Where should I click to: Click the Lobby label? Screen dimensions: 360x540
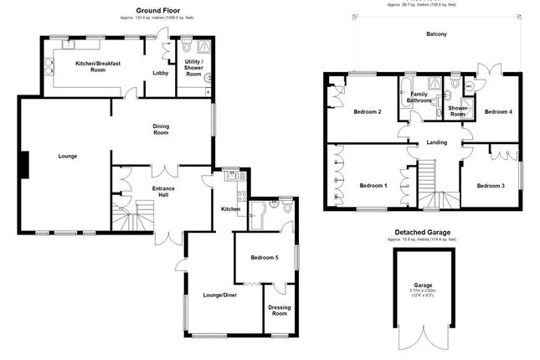coord(160,73)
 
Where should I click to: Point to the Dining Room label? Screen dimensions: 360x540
coord(161,129)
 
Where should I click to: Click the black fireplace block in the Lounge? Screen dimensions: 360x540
coord(25,164)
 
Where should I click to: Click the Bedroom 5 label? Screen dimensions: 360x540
coord(264,257)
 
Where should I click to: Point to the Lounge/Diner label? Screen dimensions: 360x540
coord(221,295)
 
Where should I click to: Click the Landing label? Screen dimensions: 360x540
coord(436,141)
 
